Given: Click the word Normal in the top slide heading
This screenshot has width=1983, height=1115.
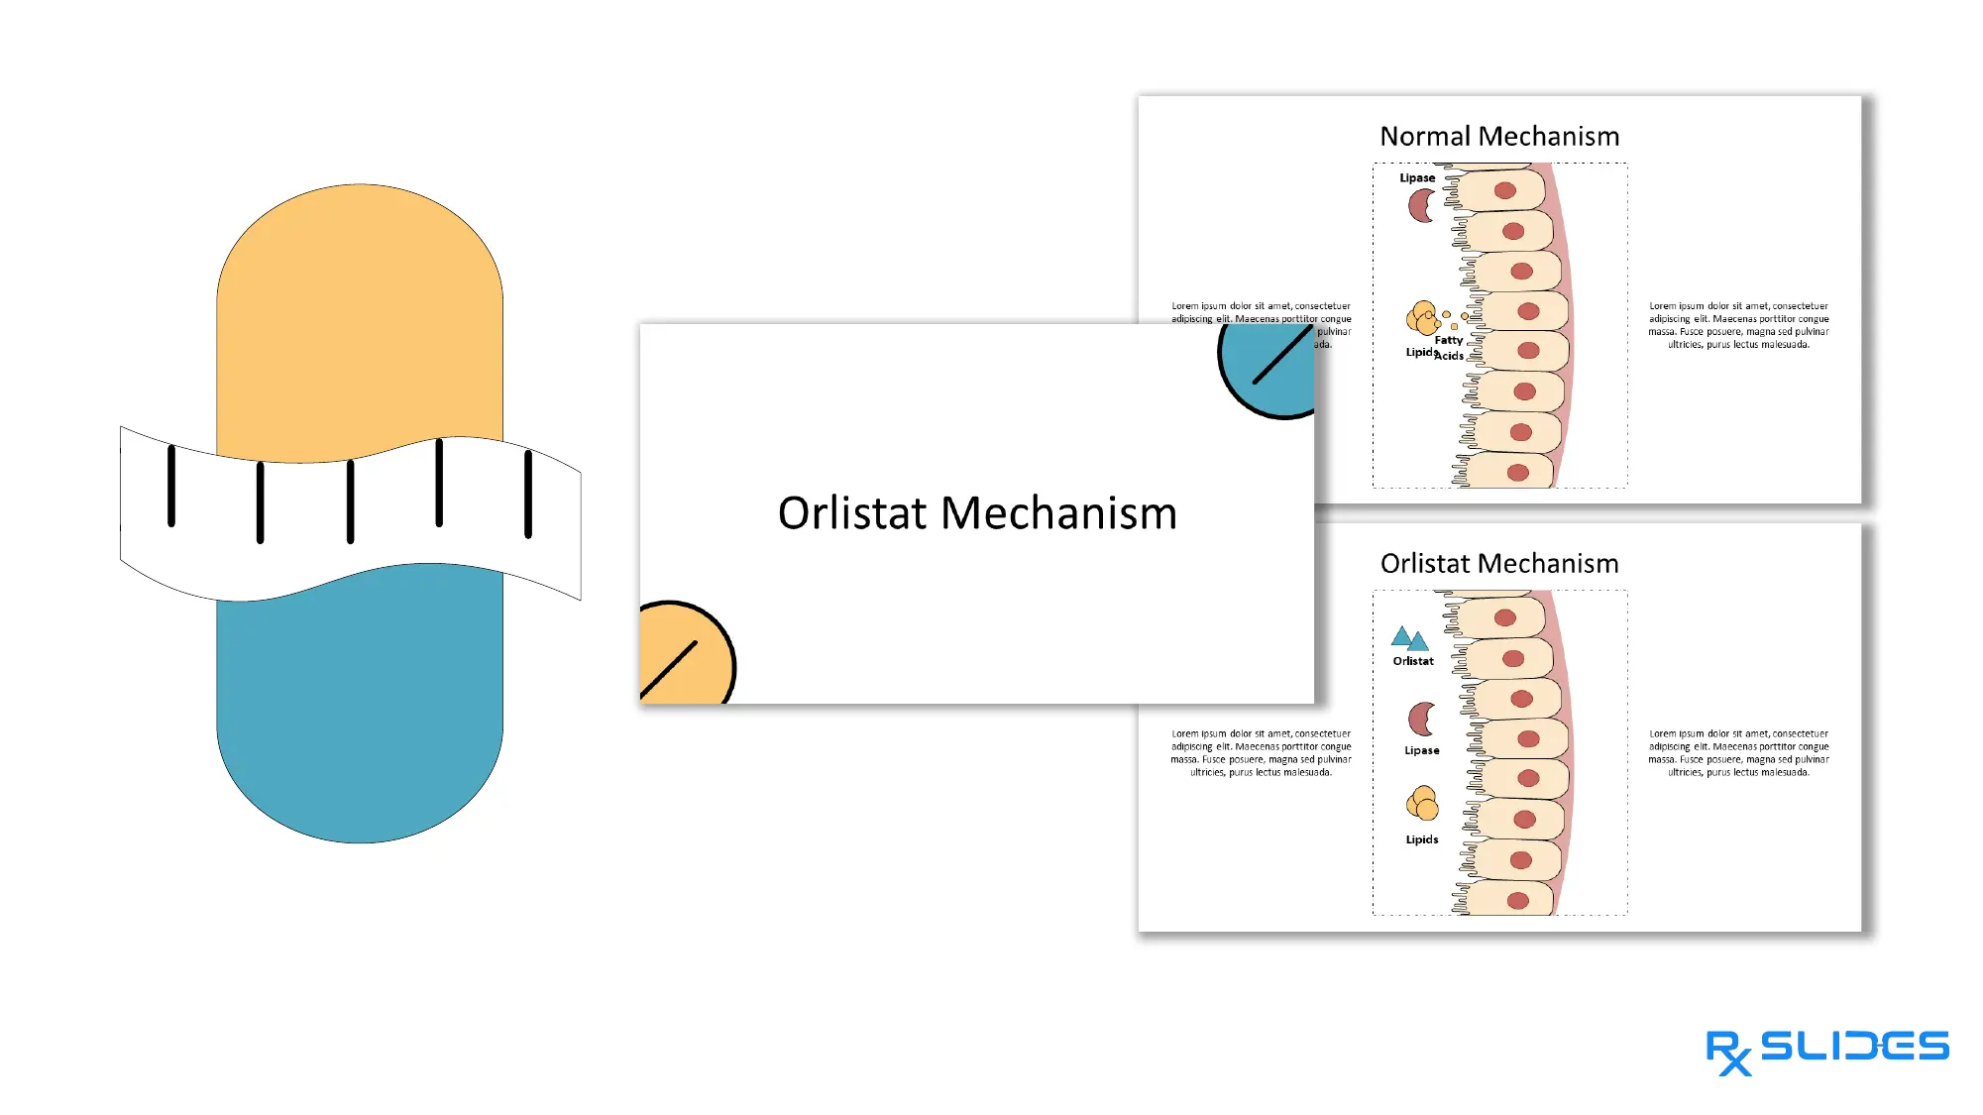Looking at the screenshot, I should pyautogui.click(x=1424, y=137).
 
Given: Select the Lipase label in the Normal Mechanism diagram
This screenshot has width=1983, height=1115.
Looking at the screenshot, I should pyautogui.click(x=1417, y=178).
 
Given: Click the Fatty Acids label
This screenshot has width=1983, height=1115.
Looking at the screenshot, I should pyautogui.click(x=1449, y=348).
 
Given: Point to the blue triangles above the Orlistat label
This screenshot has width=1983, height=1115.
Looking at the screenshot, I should pyautogui.click(x=1409, y=639).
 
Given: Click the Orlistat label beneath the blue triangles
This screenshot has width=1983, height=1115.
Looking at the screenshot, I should pyautogui.click(x=1413, y=661).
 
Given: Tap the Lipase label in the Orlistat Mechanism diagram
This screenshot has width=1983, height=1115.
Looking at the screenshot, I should pyautogui.click(x=1422, y=750).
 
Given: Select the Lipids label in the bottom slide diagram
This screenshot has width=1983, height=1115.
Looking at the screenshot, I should pyautogui.click(x=1422, y=839).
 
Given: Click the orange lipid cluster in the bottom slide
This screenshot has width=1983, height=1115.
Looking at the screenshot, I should pyautogui.click(x=1422, y=804).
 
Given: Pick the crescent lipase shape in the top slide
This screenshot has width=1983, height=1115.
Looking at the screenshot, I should pyautogui.click(x=1420, y=206).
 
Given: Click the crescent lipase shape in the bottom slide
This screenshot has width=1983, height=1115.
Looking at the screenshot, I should pyautogui.click(x=1420, y=719).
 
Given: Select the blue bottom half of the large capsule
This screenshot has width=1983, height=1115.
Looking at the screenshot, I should pyautogui.click(x=360, y=714).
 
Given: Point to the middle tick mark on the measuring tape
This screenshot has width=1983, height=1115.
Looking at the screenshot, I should pyautogui.click(x=350, y=502).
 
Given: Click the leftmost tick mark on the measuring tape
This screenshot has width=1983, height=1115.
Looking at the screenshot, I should pyautogui.click(x=171, y=486).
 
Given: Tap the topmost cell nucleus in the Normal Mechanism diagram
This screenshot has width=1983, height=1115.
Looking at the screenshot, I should pyautogui.click(x=1505, y=190).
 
